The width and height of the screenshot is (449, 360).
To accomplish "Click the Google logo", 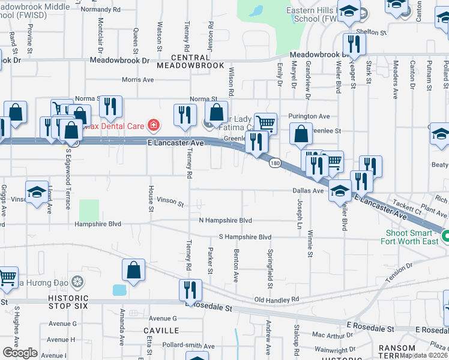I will [x=20, y=352].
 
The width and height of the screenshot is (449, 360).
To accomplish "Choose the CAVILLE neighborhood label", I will [x=161, y=331].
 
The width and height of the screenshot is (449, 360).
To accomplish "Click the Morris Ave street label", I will [x=138, y=79].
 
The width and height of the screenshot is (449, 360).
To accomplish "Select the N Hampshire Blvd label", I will [x=226, y=221].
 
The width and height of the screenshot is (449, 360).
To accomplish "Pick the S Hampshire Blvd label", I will [x=245, y=237].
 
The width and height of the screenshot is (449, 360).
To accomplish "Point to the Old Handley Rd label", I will [x=276, y=299].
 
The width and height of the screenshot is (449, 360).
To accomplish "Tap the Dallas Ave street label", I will [x=308, y=190].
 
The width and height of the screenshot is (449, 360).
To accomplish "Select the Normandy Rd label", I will [x=100, y=10].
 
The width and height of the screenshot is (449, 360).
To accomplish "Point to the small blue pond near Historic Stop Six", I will [x=119, y=290].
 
